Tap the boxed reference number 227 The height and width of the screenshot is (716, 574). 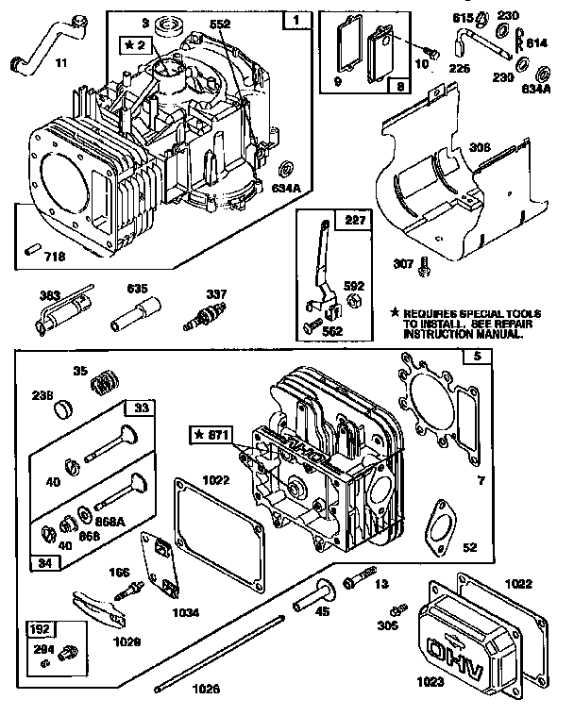[328, 220]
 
